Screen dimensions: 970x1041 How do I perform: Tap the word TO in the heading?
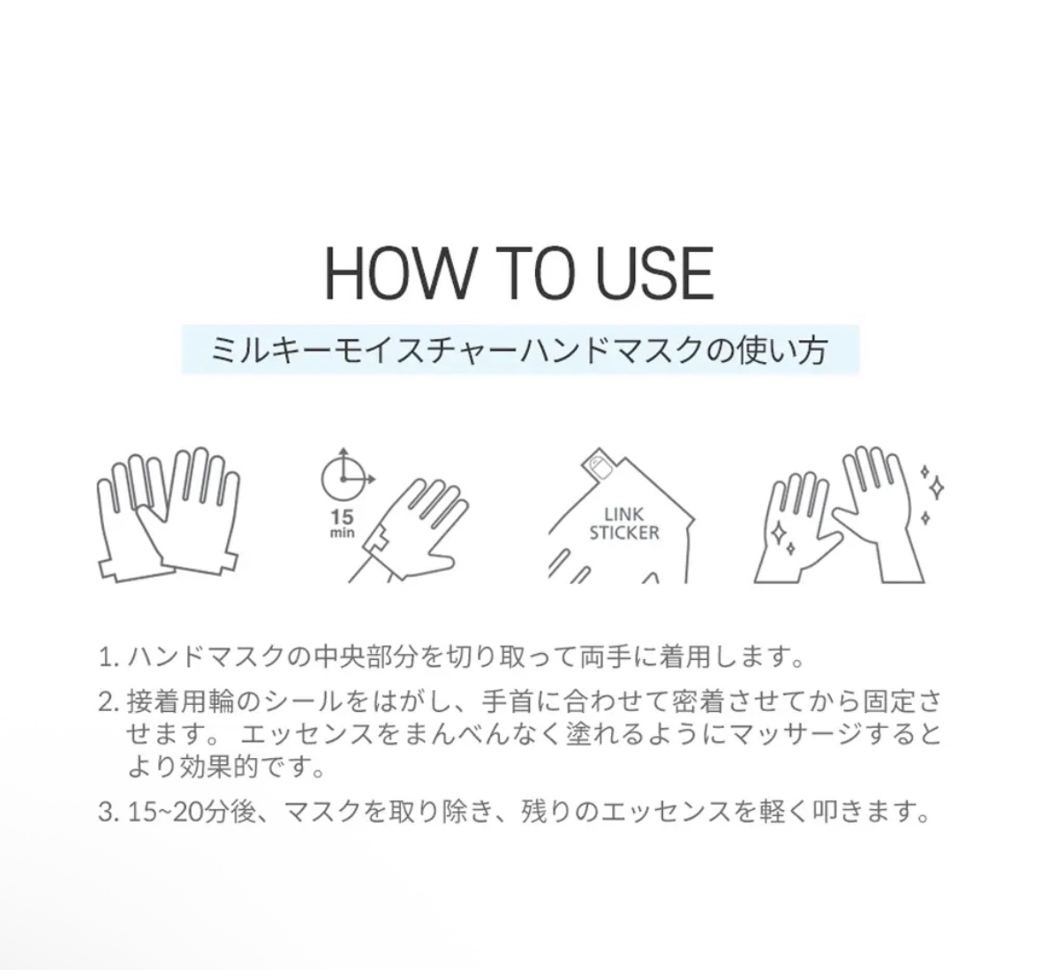point(531,273)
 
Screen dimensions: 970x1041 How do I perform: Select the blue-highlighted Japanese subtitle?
point(520,350)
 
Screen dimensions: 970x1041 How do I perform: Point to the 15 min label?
point(343,524)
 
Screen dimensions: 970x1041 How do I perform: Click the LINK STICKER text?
point(624,524)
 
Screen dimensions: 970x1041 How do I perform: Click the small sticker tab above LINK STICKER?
point(599,465)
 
